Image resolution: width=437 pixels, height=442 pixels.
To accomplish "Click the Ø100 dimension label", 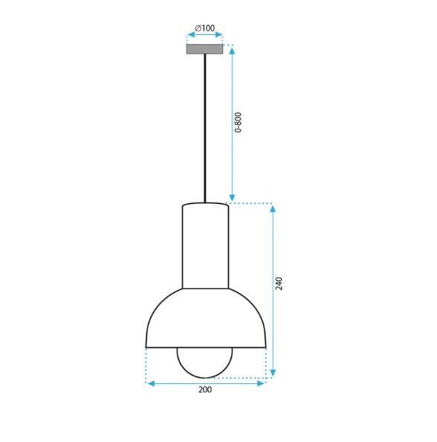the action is tap(204, 28).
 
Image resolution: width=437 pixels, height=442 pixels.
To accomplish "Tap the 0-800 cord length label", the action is tap(239, 122).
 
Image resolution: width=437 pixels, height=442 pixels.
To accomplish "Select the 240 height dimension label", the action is tap(279, 284).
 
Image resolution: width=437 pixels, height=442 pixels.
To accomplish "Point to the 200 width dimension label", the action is tap(205, 390).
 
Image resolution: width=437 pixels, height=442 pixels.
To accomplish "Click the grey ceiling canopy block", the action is tap(204, 49).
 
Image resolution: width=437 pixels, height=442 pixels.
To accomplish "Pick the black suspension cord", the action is tap(204, 128).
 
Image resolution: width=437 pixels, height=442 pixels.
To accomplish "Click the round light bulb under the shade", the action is tap(204, 362).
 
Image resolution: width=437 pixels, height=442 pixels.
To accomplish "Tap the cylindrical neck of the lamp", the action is tap(205, 246).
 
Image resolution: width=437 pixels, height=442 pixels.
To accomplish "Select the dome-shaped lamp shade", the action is tap(206, 318).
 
